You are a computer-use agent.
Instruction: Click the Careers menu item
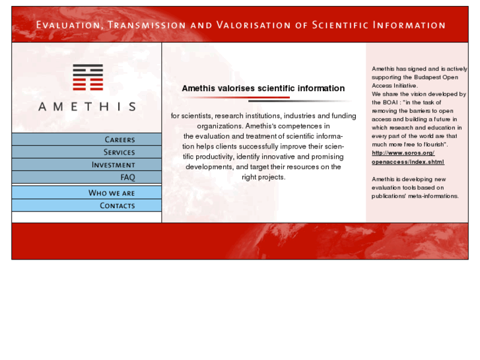[120, 139]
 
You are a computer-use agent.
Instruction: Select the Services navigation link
[119, 152]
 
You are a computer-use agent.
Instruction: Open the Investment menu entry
[113, 165]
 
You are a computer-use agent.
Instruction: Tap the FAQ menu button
[127, 178]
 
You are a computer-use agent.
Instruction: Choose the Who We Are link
[111, 193]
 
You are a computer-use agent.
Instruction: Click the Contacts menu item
[117, 205]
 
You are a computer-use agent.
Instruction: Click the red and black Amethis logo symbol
[87, 77]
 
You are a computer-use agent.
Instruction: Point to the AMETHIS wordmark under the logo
[86, 106]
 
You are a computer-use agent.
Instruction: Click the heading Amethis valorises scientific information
[263, 89]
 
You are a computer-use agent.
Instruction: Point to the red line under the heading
[236, 98]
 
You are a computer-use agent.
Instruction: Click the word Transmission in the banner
[146, 25]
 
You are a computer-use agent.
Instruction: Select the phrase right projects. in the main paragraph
[263, 177]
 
